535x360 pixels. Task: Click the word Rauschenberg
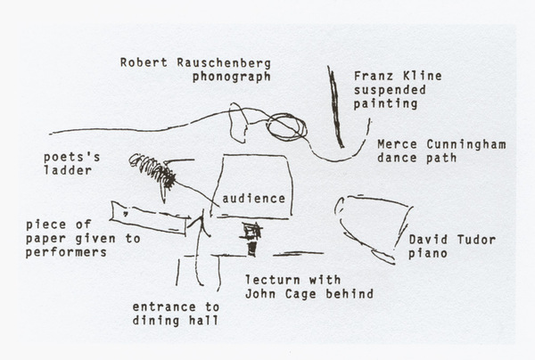(224, 62)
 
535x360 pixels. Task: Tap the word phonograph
(232, 77)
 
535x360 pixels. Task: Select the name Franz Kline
(398, 76)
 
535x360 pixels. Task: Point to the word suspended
(390, 90)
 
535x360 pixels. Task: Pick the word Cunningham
(466, 144)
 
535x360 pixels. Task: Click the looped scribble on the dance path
(286, 127)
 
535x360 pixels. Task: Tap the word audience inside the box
(253, 199)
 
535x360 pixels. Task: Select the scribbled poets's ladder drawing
(152, 170)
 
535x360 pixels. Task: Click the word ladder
(68, 170)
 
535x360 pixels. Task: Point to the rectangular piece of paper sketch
(149, 217)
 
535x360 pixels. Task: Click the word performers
(66, 252)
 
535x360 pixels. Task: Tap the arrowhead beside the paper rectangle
(200, 224)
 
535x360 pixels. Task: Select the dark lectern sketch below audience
(251, 239)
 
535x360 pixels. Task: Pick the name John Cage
(282, 294)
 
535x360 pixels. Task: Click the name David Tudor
(452, 240)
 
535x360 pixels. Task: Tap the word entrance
(164, 307)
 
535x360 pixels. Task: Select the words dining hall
(176, 321)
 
